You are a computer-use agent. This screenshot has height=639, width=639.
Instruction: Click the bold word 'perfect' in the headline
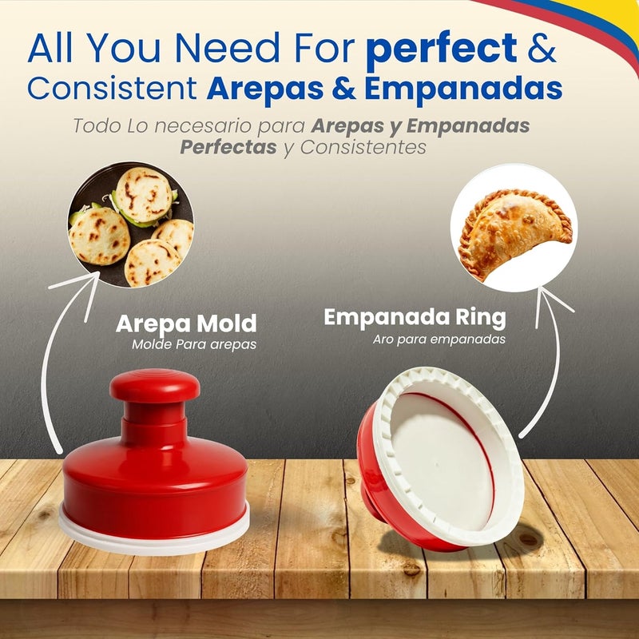pos(441,50)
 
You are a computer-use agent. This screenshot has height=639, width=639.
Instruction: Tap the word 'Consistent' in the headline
pos(112,89)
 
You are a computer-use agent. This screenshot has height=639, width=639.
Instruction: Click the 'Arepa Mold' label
pos(186,323)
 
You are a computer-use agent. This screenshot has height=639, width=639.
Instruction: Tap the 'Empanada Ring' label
pos(415,318)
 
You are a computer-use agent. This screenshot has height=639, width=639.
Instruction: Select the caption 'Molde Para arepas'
pos(195,345)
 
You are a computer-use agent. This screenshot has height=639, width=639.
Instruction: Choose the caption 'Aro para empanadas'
pos(439,339)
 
